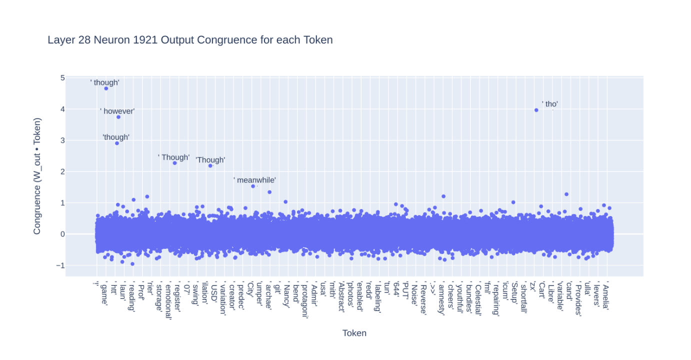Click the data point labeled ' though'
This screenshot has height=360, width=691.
tap(106, 88)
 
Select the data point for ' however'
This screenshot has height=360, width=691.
tap(118, 117)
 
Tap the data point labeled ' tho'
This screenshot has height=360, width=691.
tap(536, 110)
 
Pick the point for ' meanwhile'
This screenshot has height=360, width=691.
tap(253, 186)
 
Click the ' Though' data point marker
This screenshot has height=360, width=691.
tap(174, 163)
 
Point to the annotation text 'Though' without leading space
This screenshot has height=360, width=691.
tap(210, 160)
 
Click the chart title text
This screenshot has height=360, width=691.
tap(190, 40)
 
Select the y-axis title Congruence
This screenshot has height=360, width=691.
tap(37, 176)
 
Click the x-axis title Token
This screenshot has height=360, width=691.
tap(354, 333)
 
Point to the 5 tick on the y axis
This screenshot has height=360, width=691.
tap(62, 78)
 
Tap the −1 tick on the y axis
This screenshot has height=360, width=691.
tap(60, 265)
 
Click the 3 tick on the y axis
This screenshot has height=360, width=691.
tap(62, 140)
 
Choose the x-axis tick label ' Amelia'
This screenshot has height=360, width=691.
tap(606, 296)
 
